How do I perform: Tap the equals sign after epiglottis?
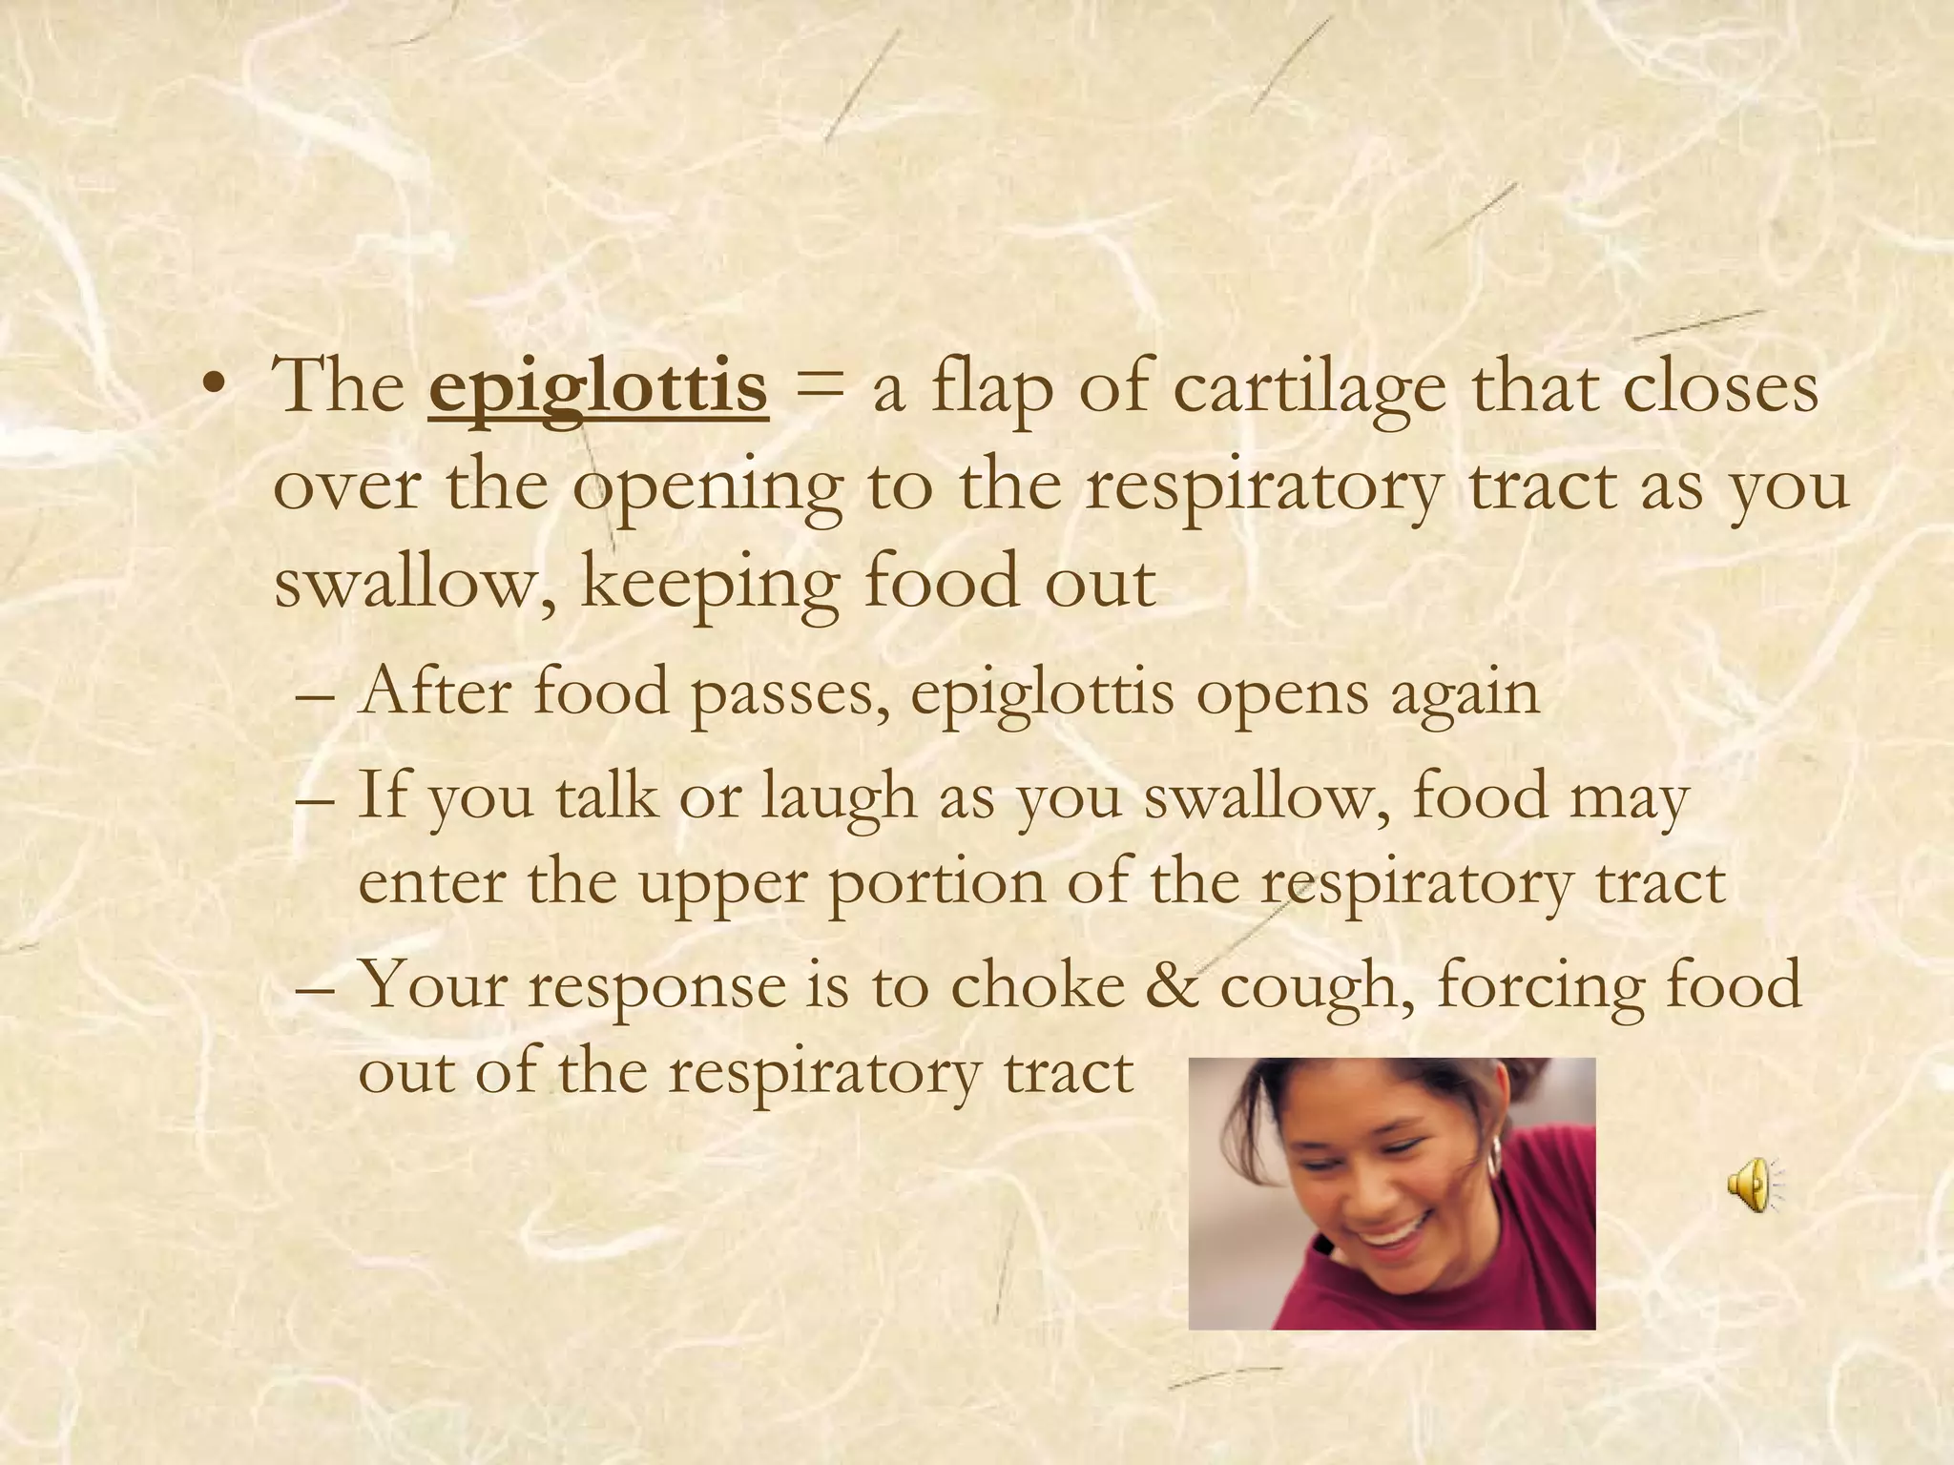point(818,388)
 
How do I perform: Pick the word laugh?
point(839,797)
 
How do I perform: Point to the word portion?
point(936,886)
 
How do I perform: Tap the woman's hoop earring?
point(1491,1156)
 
